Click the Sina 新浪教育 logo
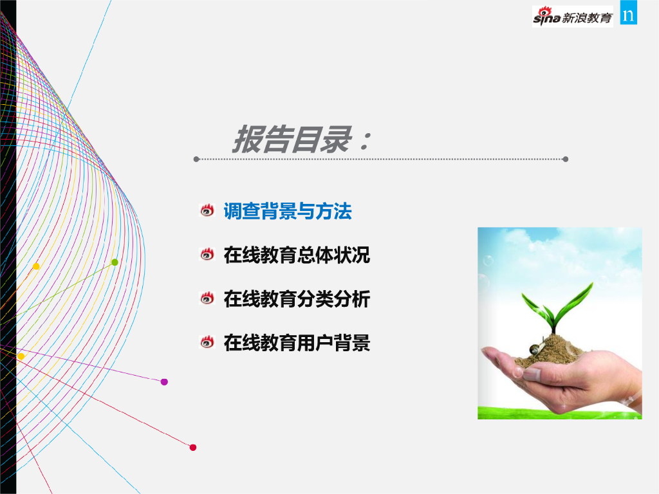point(572,16)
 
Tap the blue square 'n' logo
point(628,13)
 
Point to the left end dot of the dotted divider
point(196,160)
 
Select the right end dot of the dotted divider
point(565,160)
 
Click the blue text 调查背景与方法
point(288,211)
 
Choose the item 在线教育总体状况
point(297,255)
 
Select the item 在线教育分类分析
point(297,298)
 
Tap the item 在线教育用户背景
point(297,343)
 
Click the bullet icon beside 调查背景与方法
point(207,210)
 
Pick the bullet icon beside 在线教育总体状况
point(207,254)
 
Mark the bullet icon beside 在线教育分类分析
point(207,298)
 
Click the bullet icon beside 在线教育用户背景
point(207,342)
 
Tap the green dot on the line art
point(115,262)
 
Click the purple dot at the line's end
point(164,382)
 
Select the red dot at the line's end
point(193,448)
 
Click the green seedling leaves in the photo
point(557,307)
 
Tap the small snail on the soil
point(536,348)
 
